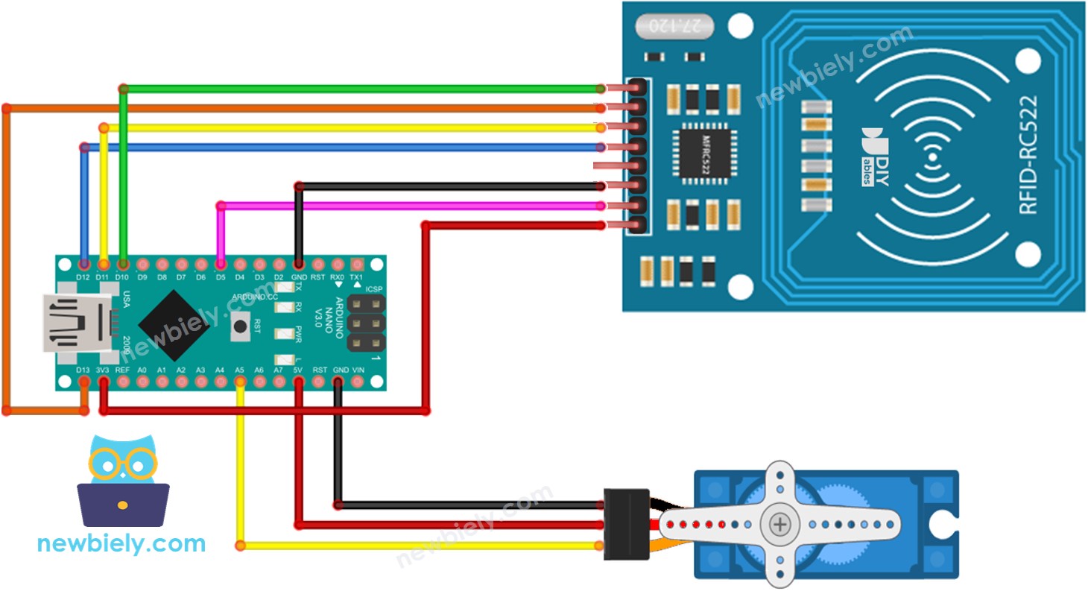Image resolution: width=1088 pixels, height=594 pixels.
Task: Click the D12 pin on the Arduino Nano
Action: click(84, 265)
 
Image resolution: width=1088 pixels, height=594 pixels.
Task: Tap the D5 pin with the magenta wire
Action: click(221, 265)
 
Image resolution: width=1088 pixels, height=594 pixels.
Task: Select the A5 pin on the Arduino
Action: click(240, 382)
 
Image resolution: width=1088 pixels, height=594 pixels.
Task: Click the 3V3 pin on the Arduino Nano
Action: click(104, 382)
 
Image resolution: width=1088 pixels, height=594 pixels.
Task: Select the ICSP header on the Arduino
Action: click(365, 323)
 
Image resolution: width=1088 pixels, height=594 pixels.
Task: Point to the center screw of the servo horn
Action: click(780, 525)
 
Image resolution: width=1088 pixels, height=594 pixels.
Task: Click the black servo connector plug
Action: click(625, 524)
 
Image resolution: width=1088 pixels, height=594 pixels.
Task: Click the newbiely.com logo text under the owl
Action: click(121, 543)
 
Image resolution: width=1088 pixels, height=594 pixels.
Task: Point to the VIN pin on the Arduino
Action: click(358, 382)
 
